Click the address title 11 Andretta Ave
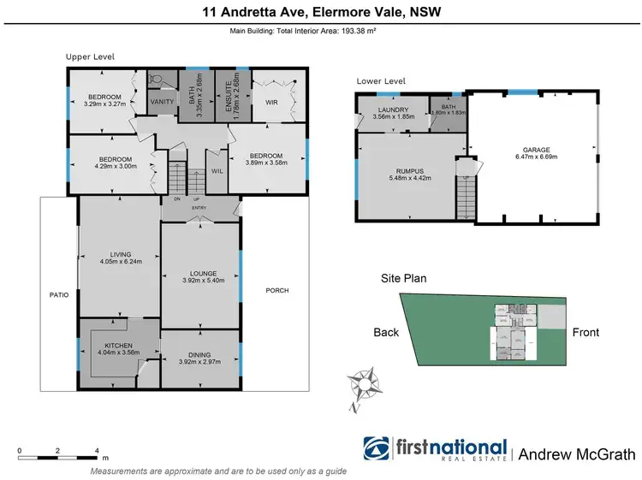pyautogui.click(x=320, y=12)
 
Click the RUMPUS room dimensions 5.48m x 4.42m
pyautogui.click(x=403, y=179)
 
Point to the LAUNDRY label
pyautogui.click(x=394, y=110)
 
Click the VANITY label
pyautogui.click(x=162, y=103)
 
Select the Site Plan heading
pyautogui.click(x=403, y=278)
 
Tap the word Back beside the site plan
pyautogui.click(x=386, y=333)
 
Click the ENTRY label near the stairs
pyautogui.click(x=199, y=207)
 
